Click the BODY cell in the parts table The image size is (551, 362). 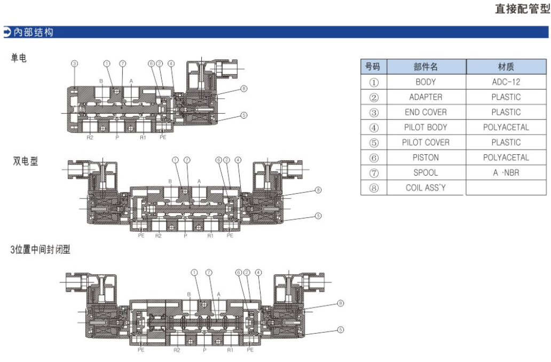point(426,82)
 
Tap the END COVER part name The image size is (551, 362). point(426,112)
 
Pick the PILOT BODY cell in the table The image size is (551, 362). point(426,127)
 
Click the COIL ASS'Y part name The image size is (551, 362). point(426,188)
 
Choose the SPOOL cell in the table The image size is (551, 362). point(426,172)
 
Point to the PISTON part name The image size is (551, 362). point(426,158)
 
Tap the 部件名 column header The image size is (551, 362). point(426,67)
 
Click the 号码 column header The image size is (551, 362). point(373,67)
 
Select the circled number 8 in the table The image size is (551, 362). point(373,188)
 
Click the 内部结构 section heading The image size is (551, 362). point(33,33)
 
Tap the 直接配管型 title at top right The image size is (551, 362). point(522,9)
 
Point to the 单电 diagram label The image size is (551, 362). point(19,58)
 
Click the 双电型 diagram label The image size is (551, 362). point(25,161)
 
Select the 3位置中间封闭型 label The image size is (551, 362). point(40,249)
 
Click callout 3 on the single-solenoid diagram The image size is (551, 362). point(74,64)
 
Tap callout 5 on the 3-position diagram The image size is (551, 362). point(340,330)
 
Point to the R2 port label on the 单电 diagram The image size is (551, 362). point(90,138)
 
